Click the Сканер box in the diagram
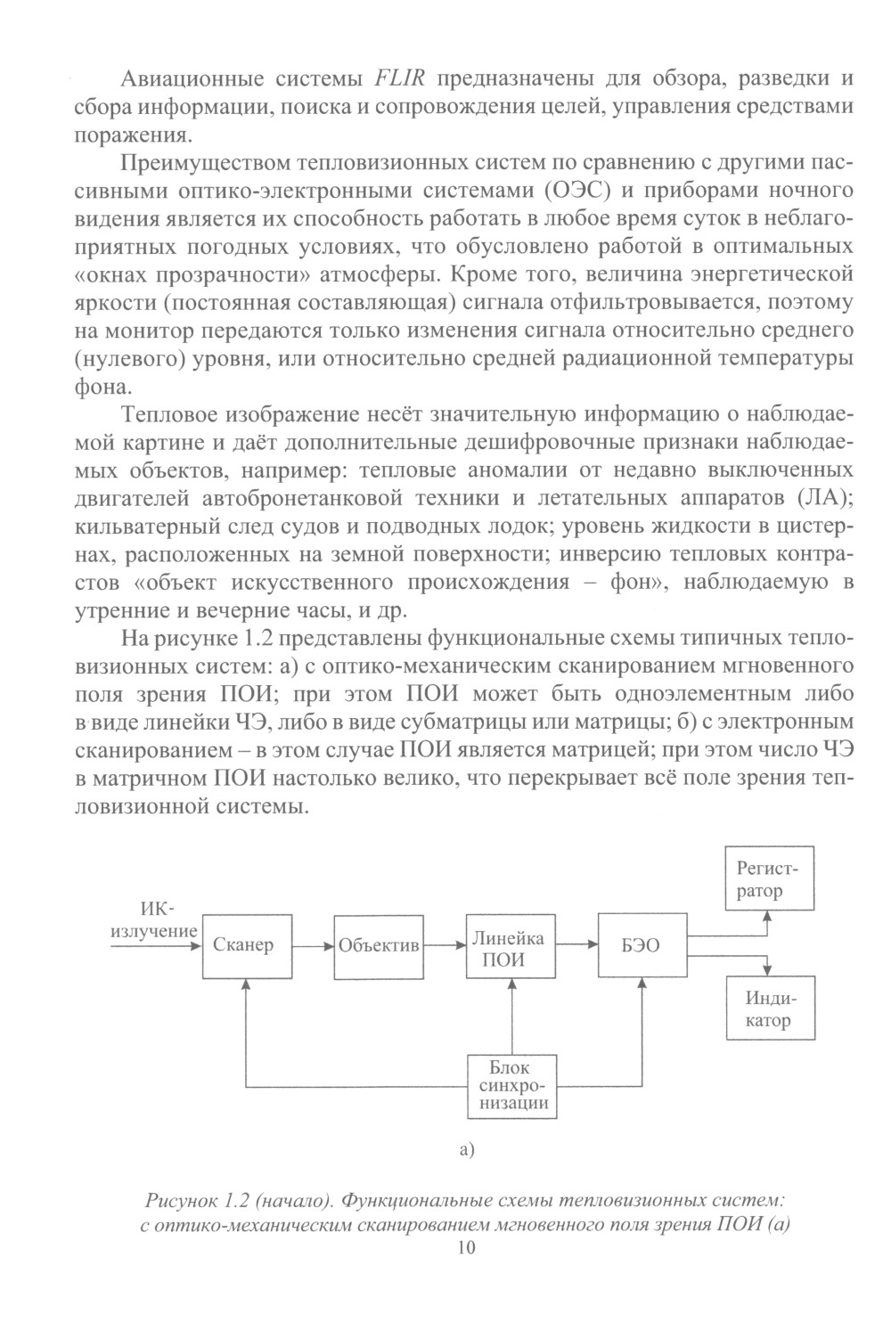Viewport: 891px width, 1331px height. (242, 945)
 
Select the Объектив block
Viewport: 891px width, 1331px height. (378, 946)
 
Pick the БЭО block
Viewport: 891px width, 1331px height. (641, 946)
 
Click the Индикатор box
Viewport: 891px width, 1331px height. (770, 1009)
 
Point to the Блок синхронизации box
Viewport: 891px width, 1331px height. (511, 1086)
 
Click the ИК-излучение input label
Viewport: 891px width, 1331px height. (153, 920)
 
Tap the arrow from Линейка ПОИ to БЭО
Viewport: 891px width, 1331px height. (575, 945)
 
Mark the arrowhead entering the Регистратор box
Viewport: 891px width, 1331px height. (769, 916)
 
